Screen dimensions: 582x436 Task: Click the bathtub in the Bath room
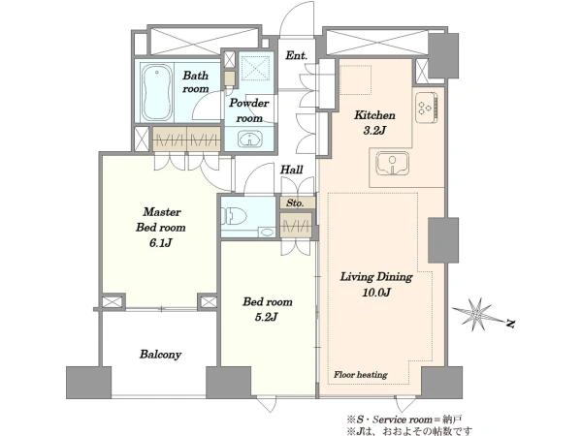[x=157, y=93]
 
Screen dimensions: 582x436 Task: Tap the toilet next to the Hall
[x=234, y=216]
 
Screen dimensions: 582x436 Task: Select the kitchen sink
[x=392, y=164]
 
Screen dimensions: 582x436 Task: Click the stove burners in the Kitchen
[x=426, y=107]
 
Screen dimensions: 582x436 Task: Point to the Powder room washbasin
[x=250, y=140]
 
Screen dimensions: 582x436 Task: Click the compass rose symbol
[x=476, y=314]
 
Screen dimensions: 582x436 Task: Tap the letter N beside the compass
[x=511, y=324]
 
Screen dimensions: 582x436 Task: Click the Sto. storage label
[x=295, y=202]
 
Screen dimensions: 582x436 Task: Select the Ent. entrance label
[x=296, y=55]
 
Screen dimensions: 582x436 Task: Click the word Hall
[x=291, y=170]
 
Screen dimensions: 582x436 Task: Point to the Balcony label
[x=160, y=355]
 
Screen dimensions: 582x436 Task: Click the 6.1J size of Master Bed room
[x=160, y=243]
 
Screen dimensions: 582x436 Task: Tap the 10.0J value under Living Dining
[x=376, y=293]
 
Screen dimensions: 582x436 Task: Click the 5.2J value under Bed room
[x=267, y=317]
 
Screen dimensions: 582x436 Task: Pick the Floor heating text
[x=361, y=374]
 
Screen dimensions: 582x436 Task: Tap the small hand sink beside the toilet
[x=267, y=233]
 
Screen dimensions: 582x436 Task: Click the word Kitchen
[x=374, y=115]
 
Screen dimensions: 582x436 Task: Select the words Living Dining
[x=376, y=277]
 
